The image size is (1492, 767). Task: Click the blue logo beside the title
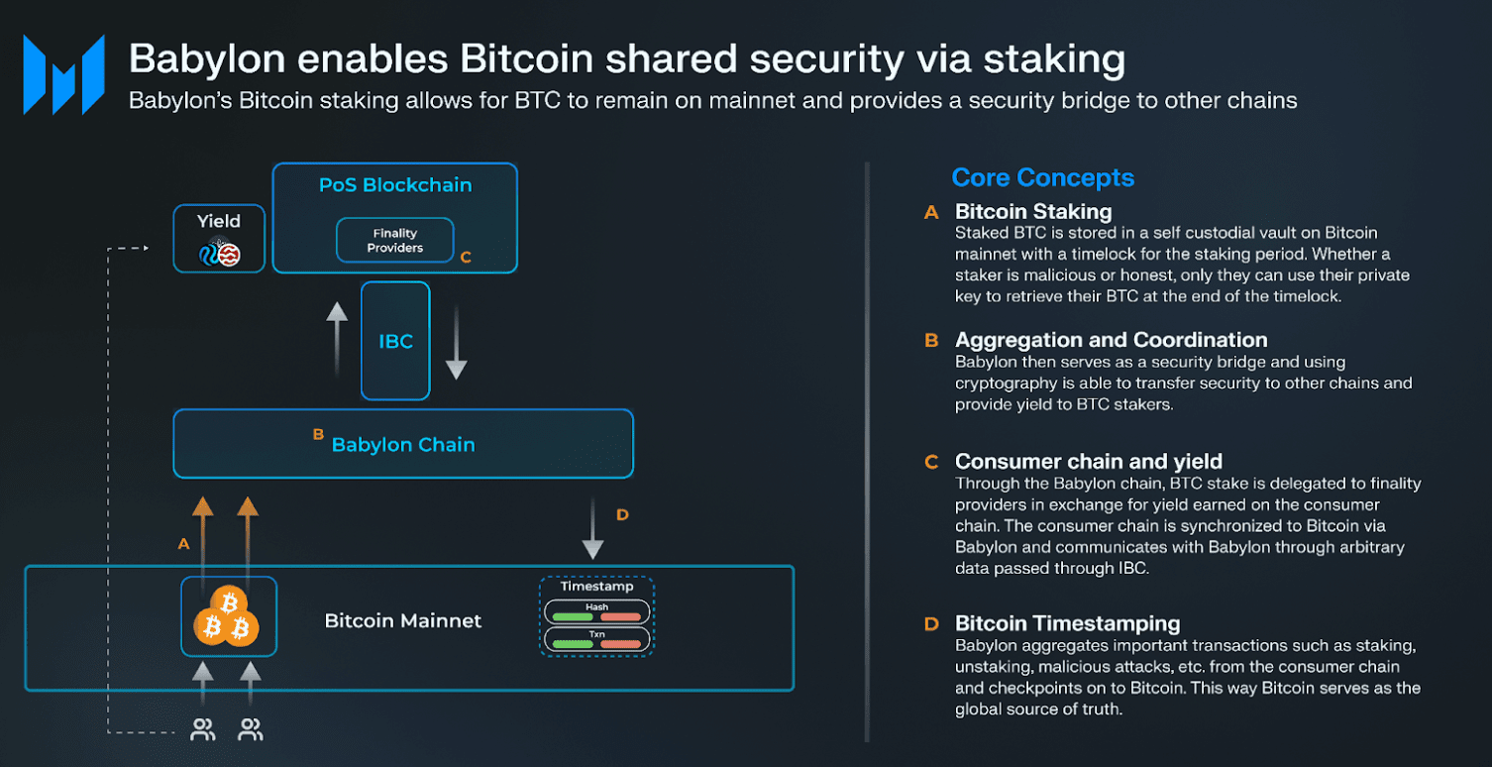point(64,74)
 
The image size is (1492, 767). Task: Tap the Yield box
point(219,238)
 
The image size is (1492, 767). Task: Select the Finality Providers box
point(394,241)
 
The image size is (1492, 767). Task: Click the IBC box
point(395,341)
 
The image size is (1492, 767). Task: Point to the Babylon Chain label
point(403,445)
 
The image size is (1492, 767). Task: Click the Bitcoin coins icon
point(229,616)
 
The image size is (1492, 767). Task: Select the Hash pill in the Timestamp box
point(596,611)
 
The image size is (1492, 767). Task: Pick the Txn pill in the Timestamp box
point(596,638)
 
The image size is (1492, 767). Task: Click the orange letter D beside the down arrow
point(622,514)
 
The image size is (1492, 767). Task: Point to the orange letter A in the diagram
point(182,543)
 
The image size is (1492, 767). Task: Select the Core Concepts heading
point(1042,178)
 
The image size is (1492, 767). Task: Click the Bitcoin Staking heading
point(1032,211)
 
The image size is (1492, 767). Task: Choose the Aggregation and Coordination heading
point(1111,340)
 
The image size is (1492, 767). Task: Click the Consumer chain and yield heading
point(1088,462)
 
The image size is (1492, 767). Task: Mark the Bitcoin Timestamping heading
point(1067,623)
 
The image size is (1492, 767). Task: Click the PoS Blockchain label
point(395,185)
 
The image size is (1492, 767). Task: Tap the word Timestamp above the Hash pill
point(596,587)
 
